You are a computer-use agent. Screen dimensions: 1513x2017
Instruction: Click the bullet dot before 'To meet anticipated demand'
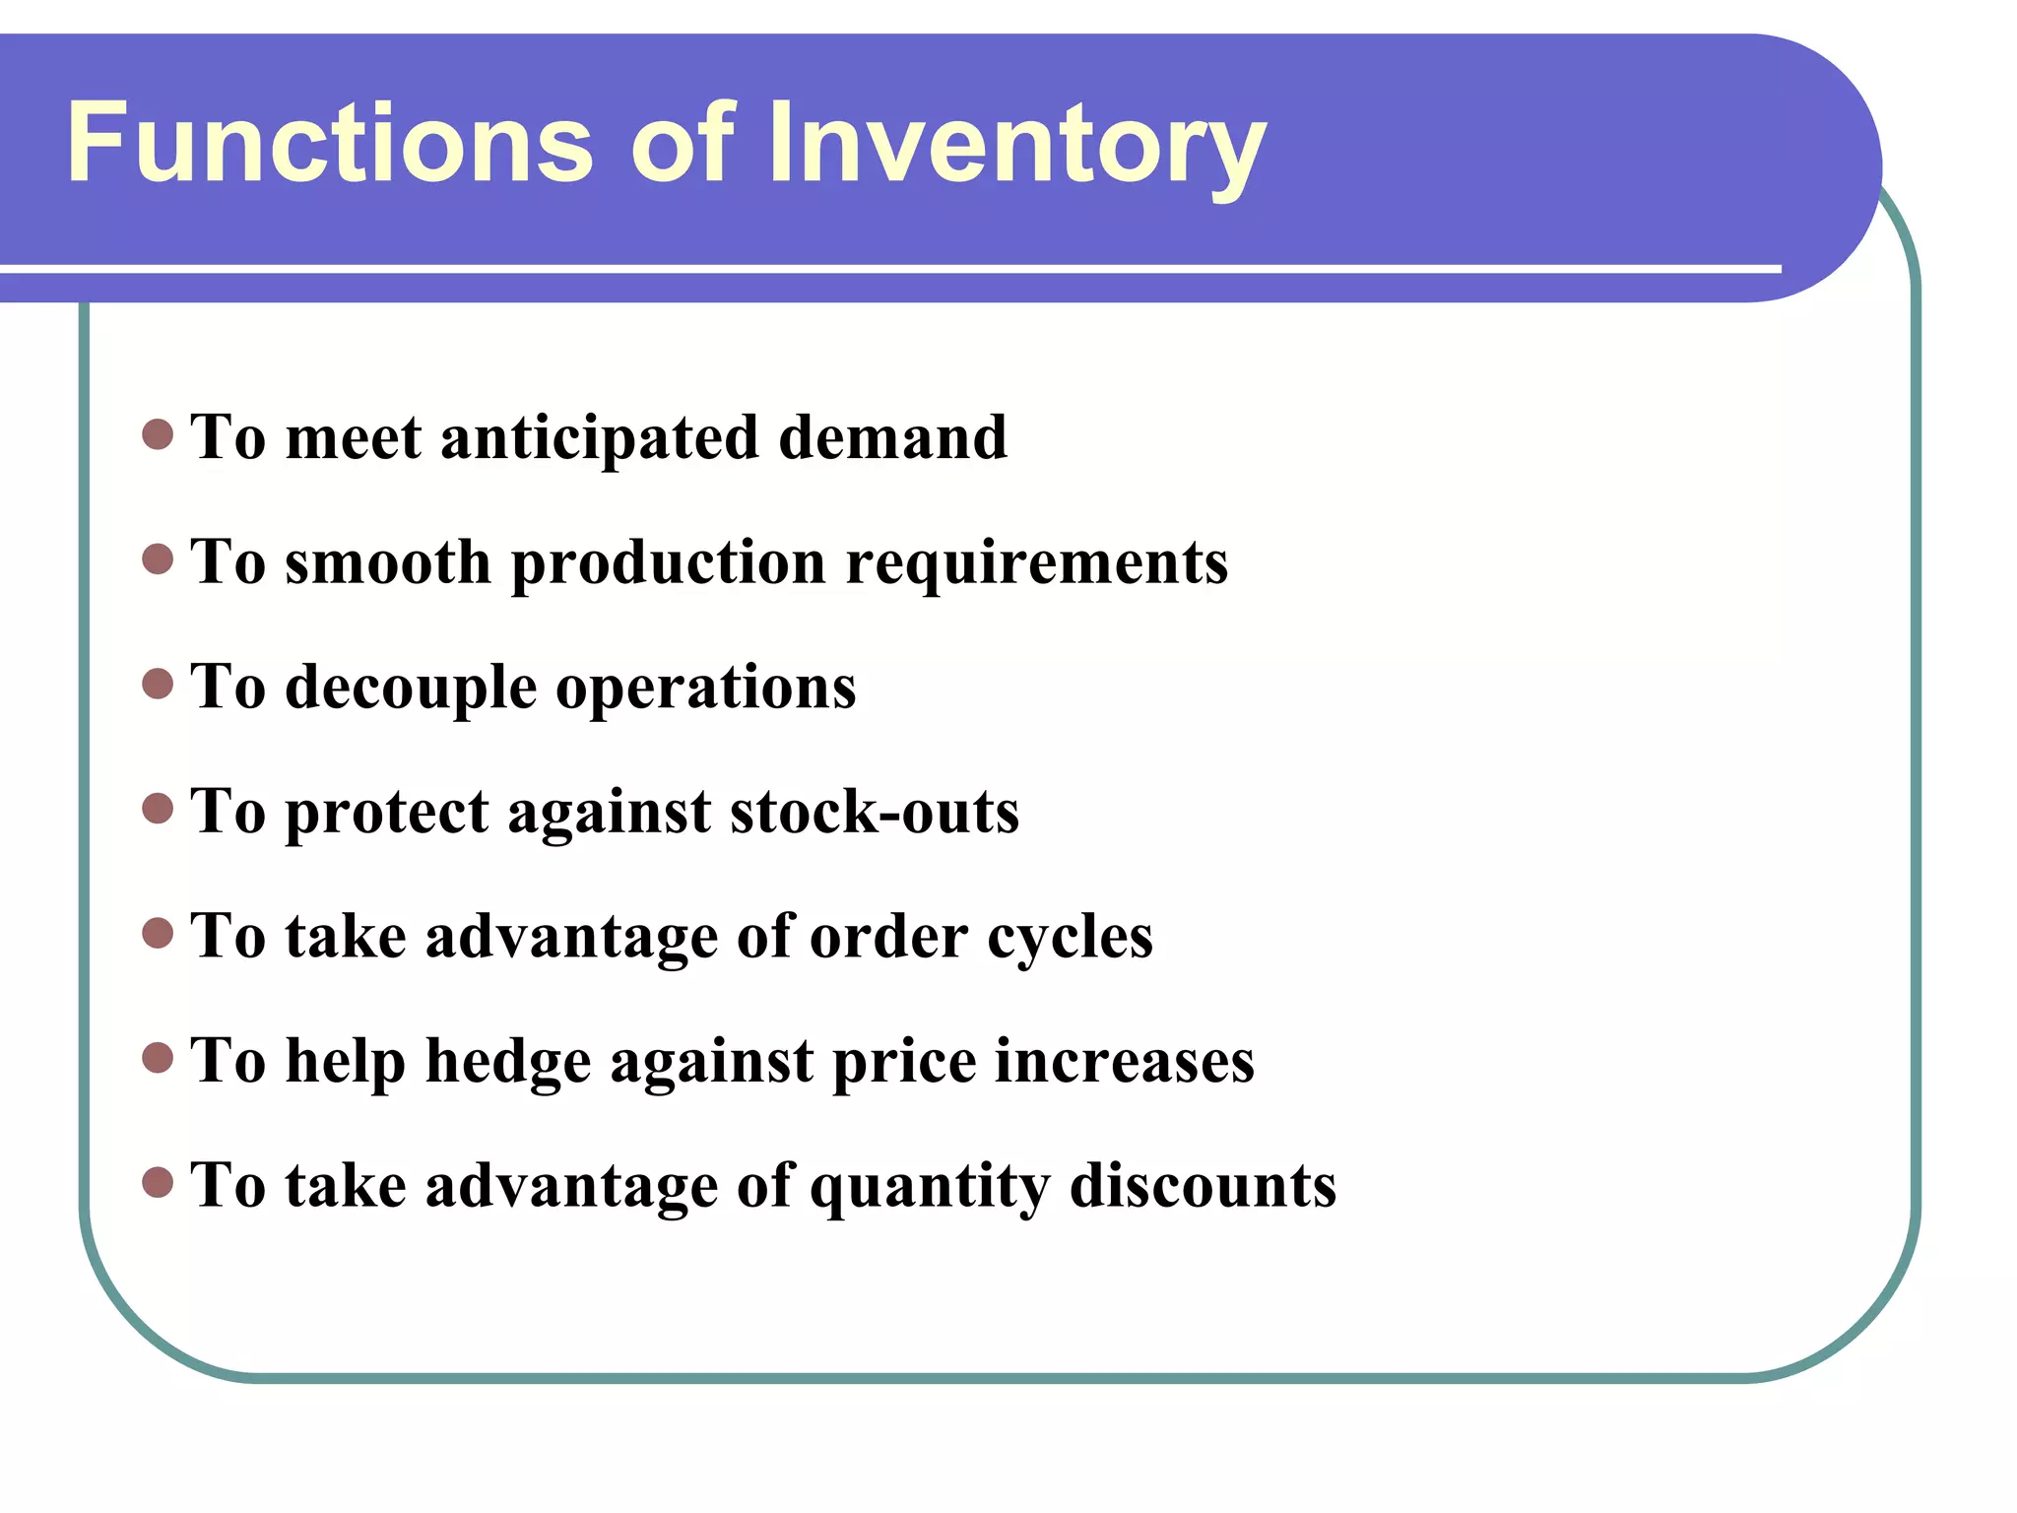click(158, 433)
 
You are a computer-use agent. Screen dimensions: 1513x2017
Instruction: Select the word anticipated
click(600, 438)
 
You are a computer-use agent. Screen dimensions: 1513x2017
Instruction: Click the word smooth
click(388, 561)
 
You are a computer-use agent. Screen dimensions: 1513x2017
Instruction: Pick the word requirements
click(1036, 563)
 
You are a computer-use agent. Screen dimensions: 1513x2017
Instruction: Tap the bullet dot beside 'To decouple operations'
click(158, 683)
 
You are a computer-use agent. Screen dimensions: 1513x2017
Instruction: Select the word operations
click(706, 688)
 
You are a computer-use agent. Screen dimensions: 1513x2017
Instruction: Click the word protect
click(387, 813)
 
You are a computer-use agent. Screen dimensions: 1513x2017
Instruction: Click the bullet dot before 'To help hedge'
click(158, 1057)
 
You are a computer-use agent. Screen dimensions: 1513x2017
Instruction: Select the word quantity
click(929, 1186)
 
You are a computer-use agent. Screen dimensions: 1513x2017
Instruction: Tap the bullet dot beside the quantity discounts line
click(158, 1181)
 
